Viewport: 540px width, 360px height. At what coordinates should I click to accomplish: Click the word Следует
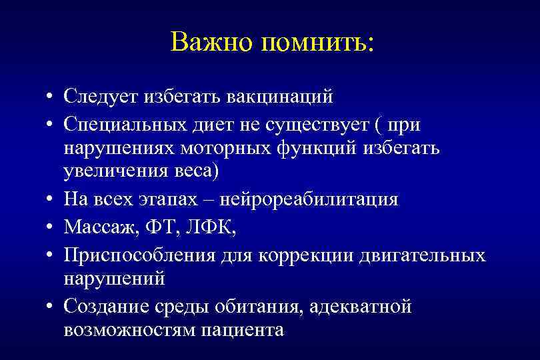click(x=99, y=98)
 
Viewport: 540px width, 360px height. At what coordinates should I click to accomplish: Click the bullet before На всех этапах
click(x=51, y=199)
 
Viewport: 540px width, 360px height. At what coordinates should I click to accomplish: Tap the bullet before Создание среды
click(x=51, y=307)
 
